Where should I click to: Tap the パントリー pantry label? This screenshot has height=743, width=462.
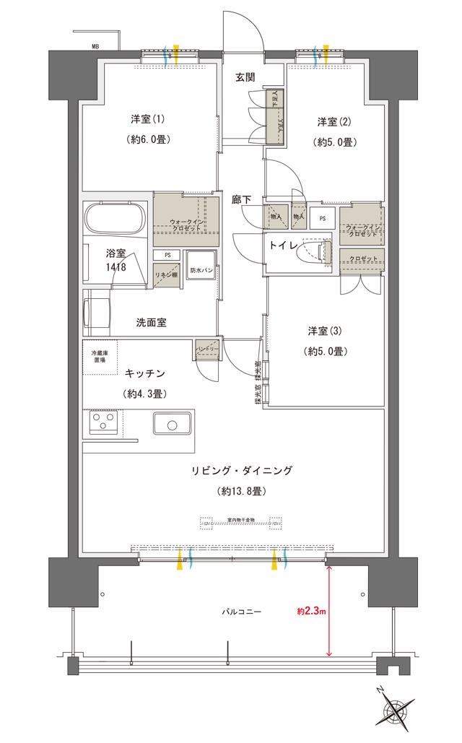click(x=207, y=349)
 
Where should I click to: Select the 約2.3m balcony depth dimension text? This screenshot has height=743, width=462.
click(x=312, y=612)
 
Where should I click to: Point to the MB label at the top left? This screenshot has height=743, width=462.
click(x=95, y=46)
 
